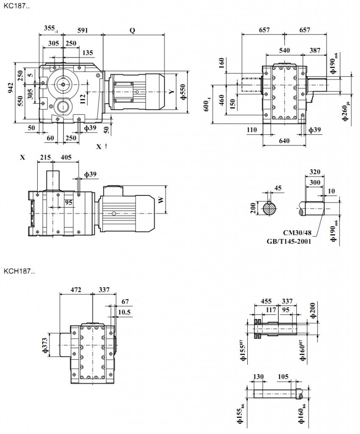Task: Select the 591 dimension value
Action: [83, 30]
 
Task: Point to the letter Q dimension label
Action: [133, 30]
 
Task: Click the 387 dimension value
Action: [315, 50]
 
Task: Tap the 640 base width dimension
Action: [284, 141]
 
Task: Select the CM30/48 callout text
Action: [296, 233]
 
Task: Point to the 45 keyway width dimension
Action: [278, 188]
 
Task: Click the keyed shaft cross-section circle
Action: [269, 209]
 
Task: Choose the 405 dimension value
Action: [66, 157]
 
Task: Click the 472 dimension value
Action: [76, 290]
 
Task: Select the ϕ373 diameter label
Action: [44, 345]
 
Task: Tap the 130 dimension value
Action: [258, 376]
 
